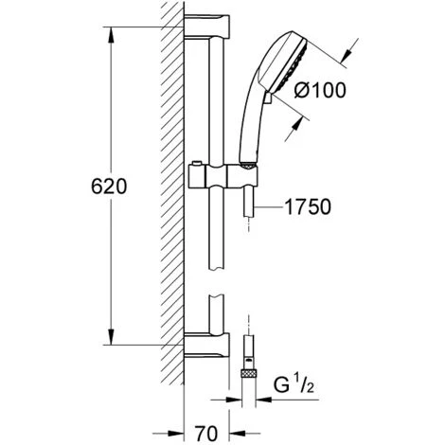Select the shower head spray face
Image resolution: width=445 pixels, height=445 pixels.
(x=285, y=60)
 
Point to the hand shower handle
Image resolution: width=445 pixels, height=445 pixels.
(x=250, y=128)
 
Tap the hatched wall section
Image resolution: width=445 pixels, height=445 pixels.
(x=170, y=189)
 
